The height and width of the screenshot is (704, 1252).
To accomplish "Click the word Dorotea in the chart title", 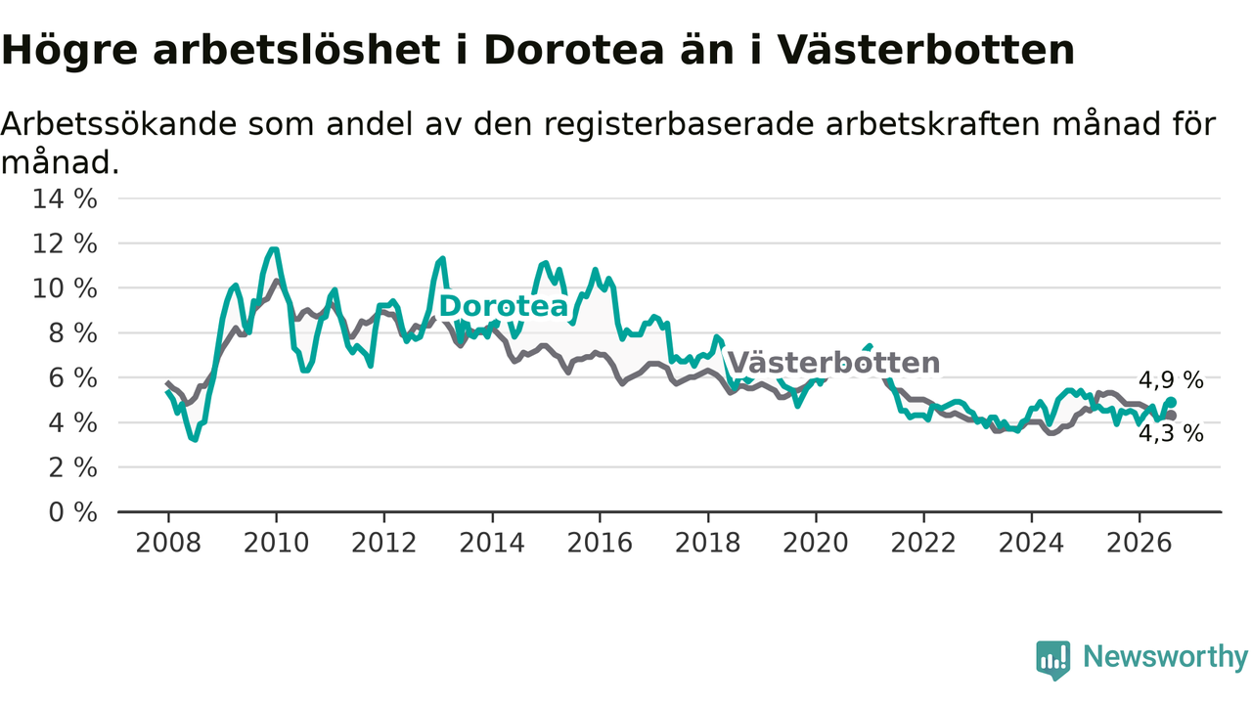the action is point(574,50).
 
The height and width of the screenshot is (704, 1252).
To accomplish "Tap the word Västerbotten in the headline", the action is point(926,50).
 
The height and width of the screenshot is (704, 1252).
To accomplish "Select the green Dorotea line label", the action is point(504,306).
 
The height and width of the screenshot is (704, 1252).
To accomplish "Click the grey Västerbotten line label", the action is point(834,363).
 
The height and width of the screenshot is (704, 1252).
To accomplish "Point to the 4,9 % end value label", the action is point(1171,380).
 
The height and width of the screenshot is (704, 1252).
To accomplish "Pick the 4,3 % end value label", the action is point(1171,433).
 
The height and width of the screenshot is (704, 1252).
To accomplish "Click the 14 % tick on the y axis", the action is point(65,198).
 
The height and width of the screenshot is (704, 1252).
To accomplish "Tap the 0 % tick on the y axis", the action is point(72,512).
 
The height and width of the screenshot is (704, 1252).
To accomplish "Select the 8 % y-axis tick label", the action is point(72,333).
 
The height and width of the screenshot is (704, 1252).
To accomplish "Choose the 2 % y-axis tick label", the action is point(72,467).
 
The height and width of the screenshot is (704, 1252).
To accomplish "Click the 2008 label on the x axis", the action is point(168,543).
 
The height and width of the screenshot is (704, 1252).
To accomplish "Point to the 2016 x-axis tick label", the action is point(600,543).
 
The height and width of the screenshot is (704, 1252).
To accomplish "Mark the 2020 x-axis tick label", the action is point(816,543).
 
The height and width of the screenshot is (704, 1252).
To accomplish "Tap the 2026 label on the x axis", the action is point(1140,543).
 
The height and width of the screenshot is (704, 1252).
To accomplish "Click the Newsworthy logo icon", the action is point(1053,660).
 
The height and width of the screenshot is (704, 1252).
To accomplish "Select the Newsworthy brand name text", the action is point(1165,656).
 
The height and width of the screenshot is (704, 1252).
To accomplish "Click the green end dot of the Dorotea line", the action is point(1172,402).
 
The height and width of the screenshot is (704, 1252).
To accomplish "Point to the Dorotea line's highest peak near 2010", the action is point(274,249).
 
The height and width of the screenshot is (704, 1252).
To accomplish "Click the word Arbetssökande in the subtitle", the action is point(119,124).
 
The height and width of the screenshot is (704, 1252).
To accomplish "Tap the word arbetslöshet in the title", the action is point(296,50).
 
